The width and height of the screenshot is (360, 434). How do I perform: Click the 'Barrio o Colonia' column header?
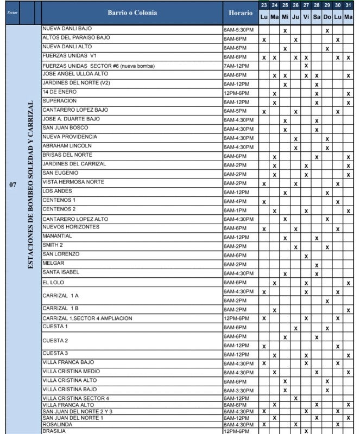131,12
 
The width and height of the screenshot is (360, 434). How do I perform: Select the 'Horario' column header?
240,12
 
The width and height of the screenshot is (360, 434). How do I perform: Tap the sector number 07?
12,184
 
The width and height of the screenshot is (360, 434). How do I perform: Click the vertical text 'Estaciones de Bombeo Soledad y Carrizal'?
30,184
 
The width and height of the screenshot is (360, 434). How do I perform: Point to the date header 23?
264,5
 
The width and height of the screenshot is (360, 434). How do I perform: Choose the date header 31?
348,5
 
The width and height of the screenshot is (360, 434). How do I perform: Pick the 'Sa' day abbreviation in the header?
317,17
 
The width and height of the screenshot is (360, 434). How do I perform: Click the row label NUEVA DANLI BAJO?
67,28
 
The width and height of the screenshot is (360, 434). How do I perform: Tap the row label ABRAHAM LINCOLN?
67,146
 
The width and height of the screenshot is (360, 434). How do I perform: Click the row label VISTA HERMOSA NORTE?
73,182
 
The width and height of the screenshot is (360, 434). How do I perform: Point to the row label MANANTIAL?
58,237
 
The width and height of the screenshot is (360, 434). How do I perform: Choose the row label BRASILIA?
54,431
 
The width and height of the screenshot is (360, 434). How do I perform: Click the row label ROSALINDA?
57,425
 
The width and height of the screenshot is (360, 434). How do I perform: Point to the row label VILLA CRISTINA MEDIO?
71,372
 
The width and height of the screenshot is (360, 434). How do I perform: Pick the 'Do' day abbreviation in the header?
327,17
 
